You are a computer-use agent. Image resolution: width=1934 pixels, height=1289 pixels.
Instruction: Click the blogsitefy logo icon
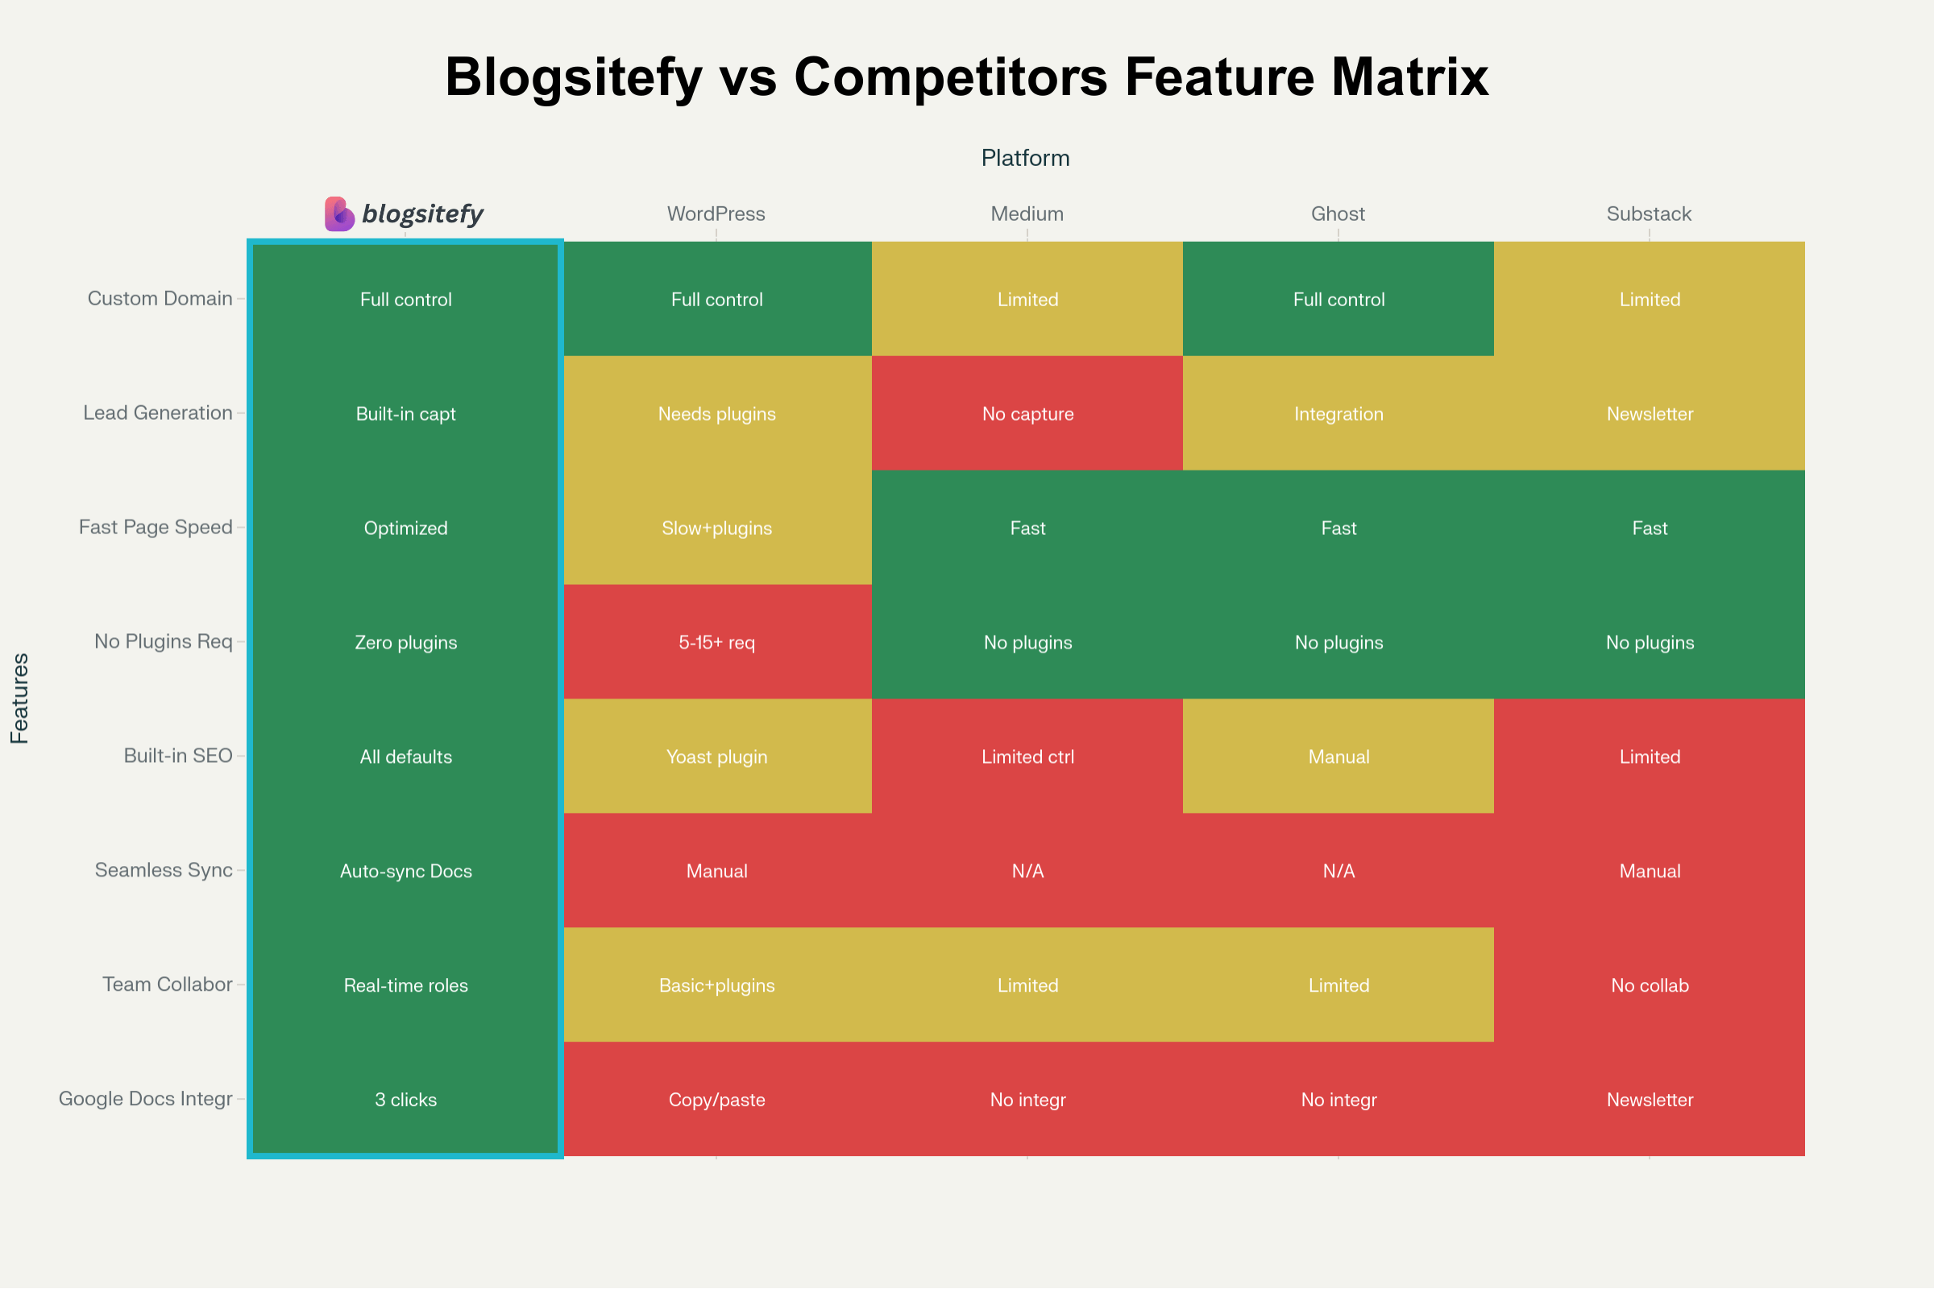point(338,213)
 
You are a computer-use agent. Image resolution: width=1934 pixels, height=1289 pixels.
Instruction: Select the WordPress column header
point(716,213)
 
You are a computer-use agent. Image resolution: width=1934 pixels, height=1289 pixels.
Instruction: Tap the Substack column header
point(1649,213)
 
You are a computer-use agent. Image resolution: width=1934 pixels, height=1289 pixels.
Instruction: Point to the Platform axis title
point(1025,158)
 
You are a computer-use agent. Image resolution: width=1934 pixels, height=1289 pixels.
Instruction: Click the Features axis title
point(19,698)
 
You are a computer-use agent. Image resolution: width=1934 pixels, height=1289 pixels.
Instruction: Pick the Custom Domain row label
point(160,298)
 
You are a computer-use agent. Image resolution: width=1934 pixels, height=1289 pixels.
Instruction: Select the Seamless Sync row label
point(164,870)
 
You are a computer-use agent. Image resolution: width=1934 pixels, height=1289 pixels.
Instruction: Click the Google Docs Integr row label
point(146,1098)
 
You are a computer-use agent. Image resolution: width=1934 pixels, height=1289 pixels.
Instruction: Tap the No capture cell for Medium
point(1027,413)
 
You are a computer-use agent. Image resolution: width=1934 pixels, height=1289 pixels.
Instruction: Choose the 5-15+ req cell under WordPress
point(716,642)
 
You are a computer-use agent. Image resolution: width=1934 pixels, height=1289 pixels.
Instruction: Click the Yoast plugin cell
point(716,756)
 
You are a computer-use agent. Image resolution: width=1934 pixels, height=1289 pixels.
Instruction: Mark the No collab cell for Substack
point(1650,984)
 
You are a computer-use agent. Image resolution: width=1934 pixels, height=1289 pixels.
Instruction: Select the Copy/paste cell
point(716,1099)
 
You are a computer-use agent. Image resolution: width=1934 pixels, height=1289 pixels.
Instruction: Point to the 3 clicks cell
point(405,1099)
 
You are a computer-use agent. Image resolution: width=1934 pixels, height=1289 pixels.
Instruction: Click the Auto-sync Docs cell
point(405,871)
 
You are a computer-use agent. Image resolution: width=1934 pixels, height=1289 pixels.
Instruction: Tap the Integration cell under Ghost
point(1338,413)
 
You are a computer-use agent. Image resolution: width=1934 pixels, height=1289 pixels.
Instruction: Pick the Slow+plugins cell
point(716,528)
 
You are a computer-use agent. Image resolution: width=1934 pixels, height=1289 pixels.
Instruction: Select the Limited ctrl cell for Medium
point(1027,756)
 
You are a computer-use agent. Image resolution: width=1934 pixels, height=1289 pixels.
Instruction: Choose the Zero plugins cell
point(405,642)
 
